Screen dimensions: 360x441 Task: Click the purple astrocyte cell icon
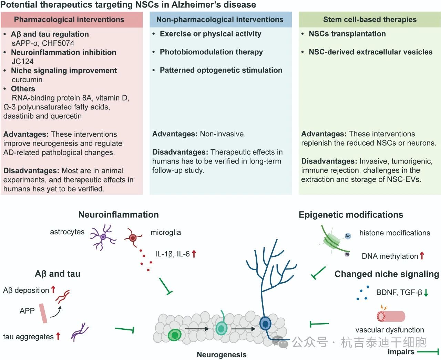coord(103,237)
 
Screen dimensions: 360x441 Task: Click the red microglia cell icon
coord(133,237)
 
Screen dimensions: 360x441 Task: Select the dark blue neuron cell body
coord(265,324)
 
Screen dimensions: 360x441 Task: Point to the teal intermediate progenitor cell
coord(221,328)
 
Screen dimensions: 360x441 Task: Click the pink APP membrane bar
coord(43,313)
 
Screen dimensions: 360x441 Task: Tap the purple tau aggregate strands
coord(80,332)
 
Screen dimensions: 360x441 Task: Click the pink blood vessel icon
coord(391,316)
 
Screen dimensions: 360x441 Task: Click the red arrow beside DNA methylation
coord(422,256)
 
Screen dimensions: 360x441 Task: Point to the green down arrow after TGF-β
coord(426,293)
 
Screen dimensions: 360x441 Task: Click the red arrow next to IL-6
coord(194,254)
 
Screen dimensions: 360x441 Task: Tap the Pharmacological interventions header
coord(69,20)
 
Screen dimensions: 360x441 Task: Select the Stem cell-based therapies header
coord(370,20)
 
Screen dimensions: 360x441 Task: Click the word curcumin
coord(27,80)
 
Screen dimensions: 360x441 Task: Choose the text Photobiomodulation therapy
coord(211,52)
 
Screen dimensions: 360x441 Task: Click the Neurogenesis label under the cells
coord(222,354)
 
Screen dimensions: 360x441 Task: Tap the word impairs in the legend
coord(401,351)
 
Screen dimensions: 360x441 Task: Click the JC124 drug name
coord(23,61)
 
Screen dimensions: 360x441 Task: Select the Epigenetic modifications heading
coord(351,215)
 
